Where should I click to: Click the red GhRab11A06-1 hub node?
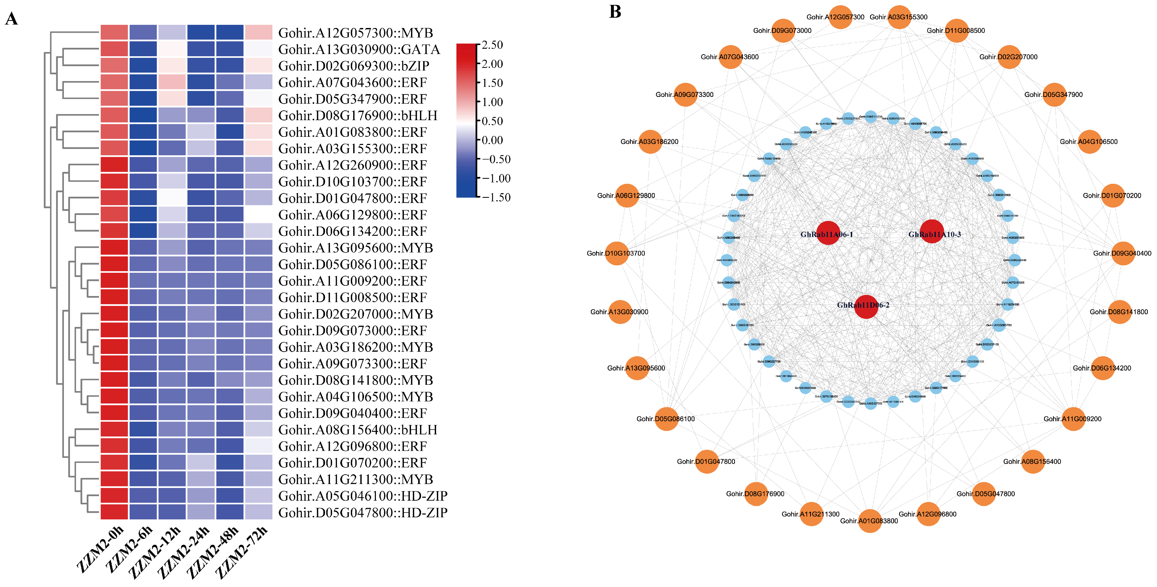pyautogui.click(x=828, y=233)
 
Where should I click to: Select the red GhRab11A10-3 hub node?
pyautogui.click(x=932, y=232)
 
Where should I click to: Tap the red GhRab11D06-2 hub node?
pyautogui.click(x=866, y=306)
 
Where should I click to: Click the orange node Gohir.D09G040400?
pyautogui.click(x=1123, y=253)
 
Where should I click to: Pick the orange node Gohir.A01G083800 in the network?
pyautogui.click(x=870, y=521)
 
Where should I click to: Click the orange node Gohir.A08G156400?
pyautogui.click(x=1033, y=462)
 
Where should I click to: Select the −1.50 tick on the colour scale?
pyautogui.click(x=495, y=197)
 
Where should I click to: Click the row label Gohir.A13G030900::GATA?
pyautogui.click(x=359, y=49)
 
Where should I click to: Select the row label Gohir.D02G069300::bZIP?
pyautogui.click(x=353, y=66)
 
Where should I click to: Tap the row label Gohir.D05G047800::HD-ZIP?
pyautogui.click(x=362, y=513)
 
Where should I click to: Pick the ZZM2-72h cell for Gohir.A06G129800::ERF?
pyautogui.click(x=259, y=215)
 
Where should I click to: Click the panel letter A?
pyautogui.click(x=11, y=19)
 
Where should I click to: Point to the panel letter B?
pyautogui.click(x=615, y=12)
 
